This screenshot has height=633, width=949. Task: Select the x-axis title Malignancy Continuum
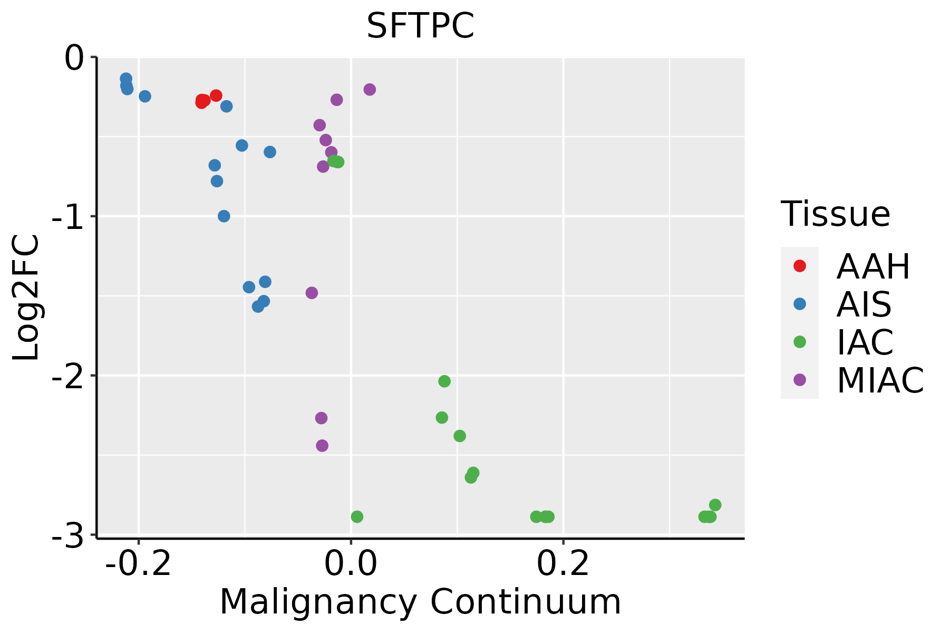420,602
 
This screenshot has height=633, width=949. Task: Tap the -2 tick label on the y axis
69,376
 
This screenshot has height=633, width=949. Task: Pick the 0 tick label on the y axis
74,58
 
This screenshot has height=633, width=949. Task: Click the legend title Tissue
836,214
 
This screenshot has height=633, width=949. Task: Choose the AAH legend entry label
873,266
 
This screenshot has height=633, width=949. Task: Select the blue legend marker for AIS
800,304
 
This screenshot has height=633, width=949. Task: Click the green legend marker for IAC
800,342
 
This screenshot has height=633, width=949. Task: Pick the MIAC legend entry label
880,380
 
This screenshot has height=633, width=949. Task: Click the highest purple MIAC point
370,90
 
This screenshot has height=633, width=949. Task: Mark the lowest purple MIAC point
322,446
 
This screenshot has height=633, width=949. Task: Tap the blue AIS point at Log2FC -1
224,216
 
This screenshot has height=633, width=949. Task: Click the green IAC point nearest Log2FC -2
444,381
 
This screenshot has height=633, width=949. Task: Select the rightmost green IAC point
715,505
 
